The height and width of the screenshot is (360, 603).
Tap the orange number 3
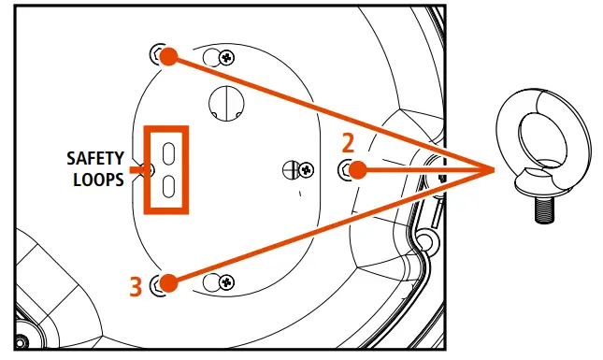[135, 285]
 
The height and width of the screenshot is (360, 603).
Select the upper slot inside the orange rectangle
[169, 152]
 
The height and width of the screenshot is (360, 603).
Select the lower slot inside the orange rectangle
[169, 186]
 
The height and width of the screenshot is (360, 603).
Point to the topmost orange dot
[168, 56]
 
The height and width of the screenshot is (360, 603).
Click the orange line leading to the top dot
[327, 111]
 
